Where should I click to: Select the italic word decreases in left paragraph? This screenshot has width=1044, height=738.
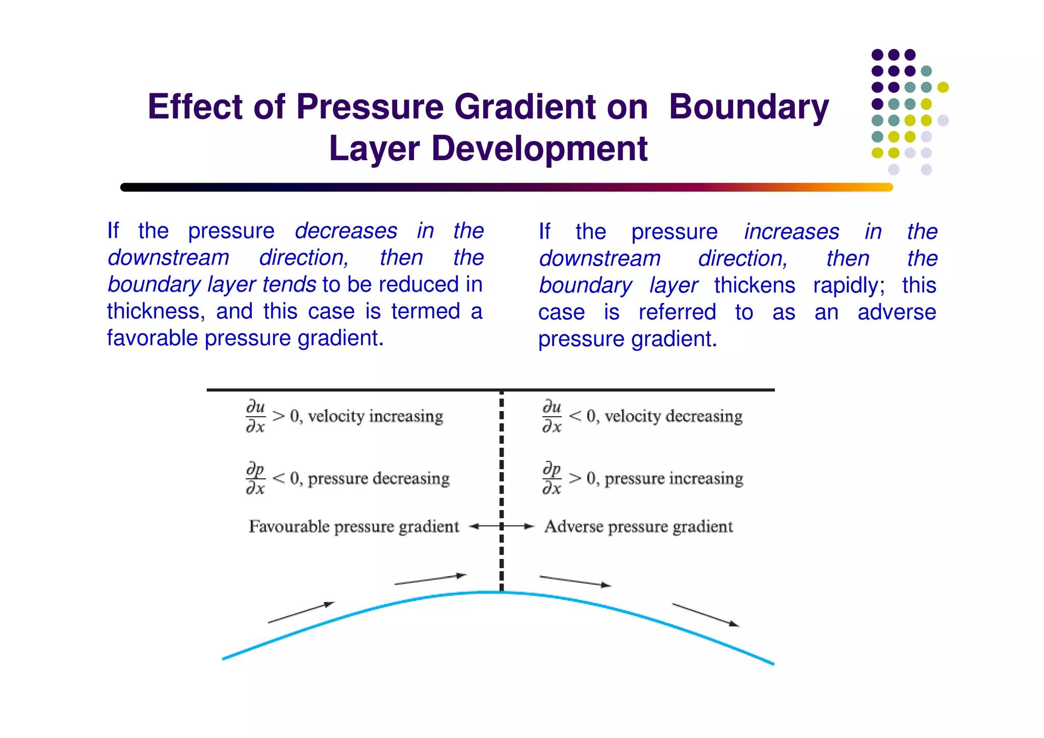(346, 231)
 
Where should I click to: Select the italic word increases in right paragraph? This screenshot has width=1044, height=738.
(791, 232)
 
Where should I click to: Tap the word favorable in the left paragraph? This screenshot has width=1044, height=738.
(151, 338)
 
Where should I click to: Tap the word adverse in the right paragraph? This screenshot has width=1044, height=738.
(896, 312)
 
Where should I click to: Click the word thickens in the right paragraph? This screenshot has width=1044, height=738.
(754, 286)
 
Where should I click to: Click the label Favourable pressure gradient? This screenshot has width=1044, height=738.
(354, 526)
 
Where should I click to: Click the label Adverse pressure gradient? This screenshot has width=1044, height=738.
(638, 526)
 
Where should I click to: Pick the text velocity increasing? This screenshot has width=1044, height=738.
(375, 416)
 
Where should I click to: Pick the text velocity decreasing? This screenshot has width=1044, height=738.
(673, 416)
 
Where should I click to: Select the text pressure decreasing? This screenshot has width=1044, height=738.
(378, 478)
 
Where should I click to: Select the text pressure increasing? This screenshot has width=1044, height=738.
(673, 478)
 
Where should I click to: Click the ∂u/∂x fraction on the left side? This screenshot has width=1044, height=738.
(255, 417)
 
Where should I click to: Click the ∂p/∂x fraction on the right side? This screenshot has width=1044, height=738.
(552, 478)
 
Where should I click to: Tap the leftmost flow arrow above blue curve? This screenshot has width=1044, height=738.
(301, 613)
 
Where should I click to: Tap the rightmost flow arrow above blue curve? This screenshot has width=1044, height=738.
(705, 615)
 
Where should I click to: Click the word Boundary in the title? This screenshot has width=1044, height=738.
(748, 107)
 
